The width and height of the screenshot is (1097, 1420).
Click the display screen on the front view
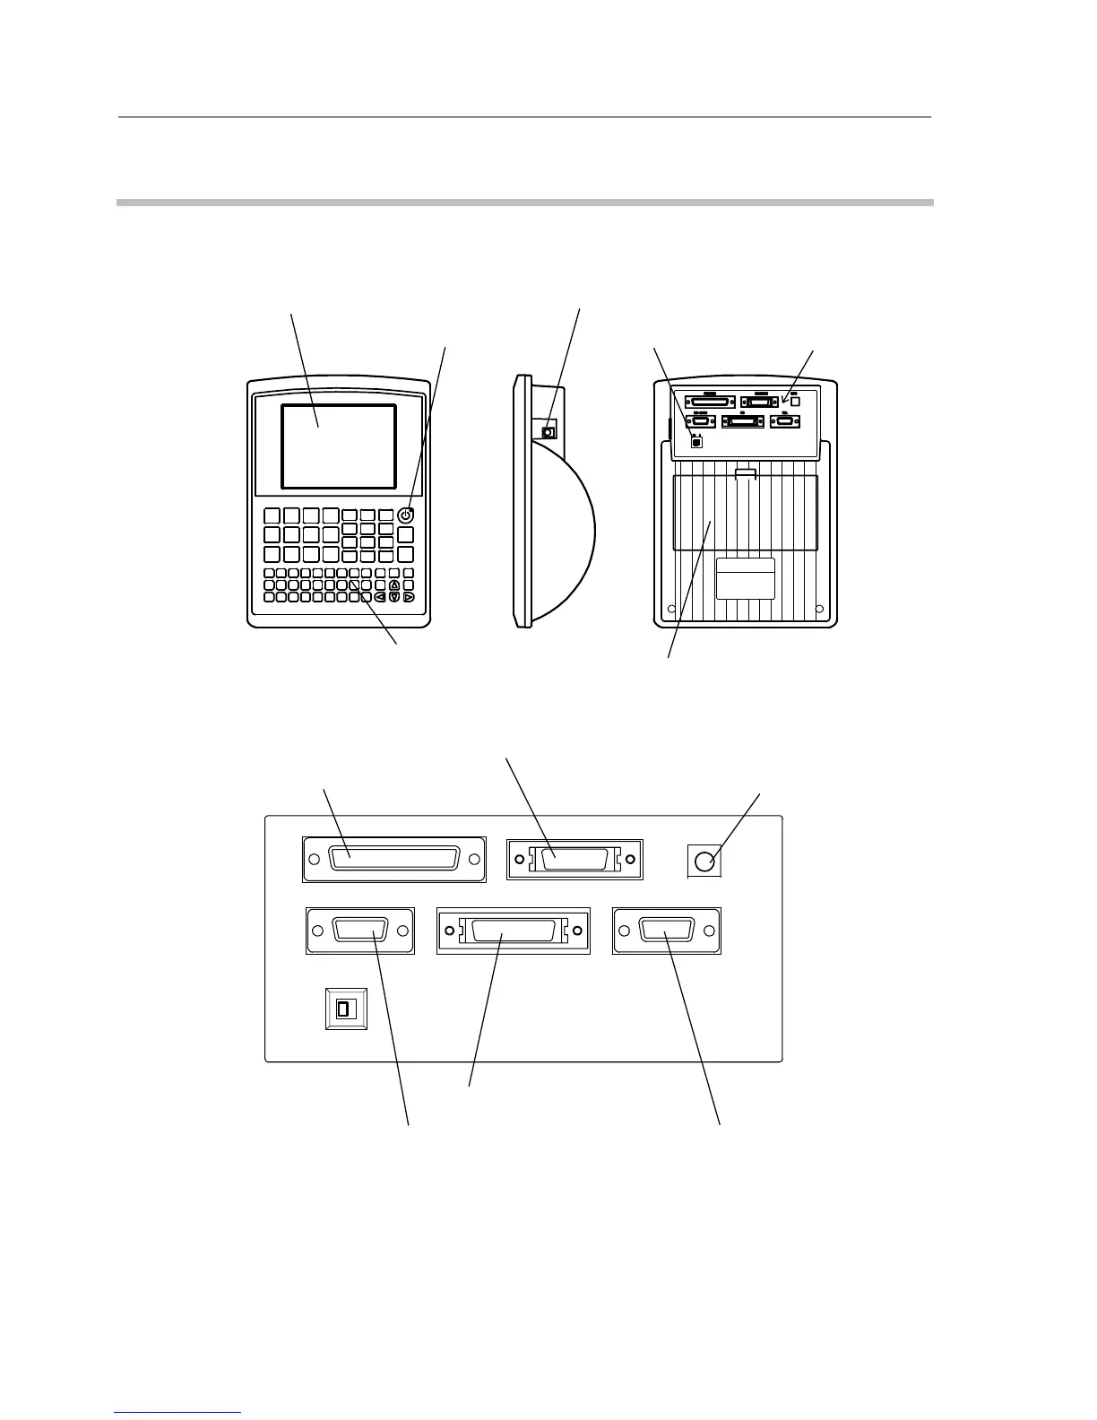tap(339, 446)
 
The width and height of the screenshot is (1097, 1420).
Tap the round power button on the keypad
tap(406, 515)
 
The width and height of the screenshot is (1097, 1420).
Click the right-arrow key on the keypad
tap(409, 597)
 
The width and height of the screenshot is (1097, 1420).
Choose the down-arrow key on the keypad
tap(394, 597)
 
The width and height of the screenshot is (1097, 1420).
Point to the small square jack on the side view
tap(549, 432)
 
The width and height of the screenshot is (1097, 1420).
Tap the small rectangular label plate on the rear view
tap(746, 578)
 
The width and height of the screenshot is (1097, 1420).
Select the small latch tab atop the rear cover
tap(746, 472)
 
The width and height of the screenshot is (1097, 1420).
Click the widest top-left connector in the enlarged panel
tap(394, 860)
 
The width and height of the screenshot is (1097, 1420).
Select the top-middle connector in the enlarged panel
tap(574, 860)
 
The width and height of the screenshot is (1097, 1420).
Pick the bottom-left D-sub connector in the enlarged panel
tap(360, 931)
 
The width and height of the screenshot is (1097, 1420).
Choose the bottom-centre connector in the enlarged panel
tap(514, 931)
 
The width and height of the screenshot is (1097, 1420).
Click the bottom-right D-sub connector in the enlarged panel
tap(667, 931)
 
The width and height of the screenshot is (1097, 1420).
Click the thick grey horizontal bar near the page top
tap(525, 203)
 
